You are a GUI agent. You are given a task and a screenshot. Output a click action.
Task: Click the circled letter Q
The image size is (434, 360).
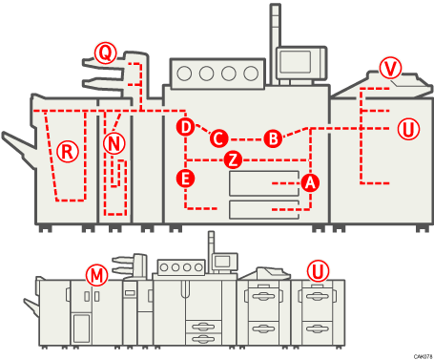[104, 52]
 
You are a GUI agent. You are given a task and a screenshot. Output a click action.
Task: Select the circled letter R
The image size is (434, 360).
[66, 150]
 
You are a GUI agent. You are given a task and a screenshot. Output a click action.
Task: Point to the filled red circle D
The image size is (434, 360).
[186, 126]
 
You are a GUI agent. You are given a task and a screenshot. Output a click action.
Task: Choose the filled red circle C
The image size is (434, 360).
[218, 138]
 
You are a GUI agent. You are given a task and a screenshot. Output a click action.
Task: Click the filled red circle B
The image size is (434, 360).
[273, 138]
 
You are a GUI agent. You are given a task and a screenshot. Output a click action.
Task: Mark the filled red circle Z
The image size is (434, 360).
[232, 159]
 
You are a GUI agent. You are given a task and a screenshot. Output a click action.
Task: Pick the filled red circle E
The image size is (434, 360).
[186, 178]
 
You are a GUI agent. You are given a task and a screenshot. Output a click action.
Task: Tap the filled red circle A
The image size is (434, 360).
[308, 181]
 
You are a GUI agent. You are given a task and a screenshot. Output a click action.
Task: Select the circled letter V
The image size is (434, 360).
[390, 68]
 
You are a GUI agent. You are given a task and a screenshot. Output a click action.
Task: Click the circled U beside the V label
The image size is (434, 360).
[407, 128]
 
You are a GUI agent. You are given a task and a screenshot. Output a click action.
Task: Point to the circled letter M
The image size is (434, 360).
[95, 275]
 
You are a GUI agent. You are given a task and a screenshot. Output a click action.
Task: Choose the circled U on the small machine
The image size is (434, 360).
[319, 271]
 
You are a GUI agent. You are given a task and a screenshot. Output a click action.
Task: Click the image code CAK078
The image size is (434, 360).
[423, 355]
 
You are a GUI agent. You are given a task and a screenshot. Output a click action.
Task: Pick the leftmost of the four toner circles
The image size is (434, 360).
[185, 73]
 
